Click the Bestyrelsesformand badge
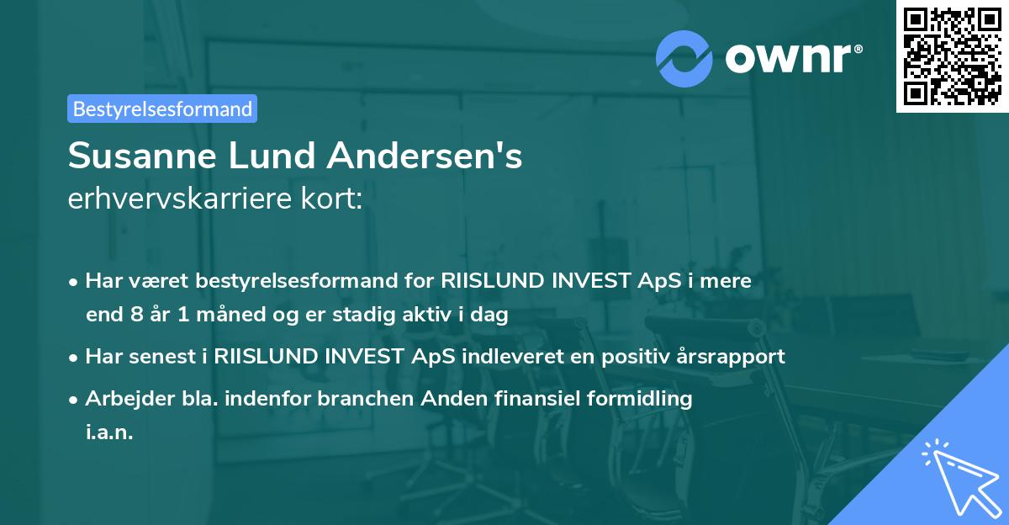click(161, 109)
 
